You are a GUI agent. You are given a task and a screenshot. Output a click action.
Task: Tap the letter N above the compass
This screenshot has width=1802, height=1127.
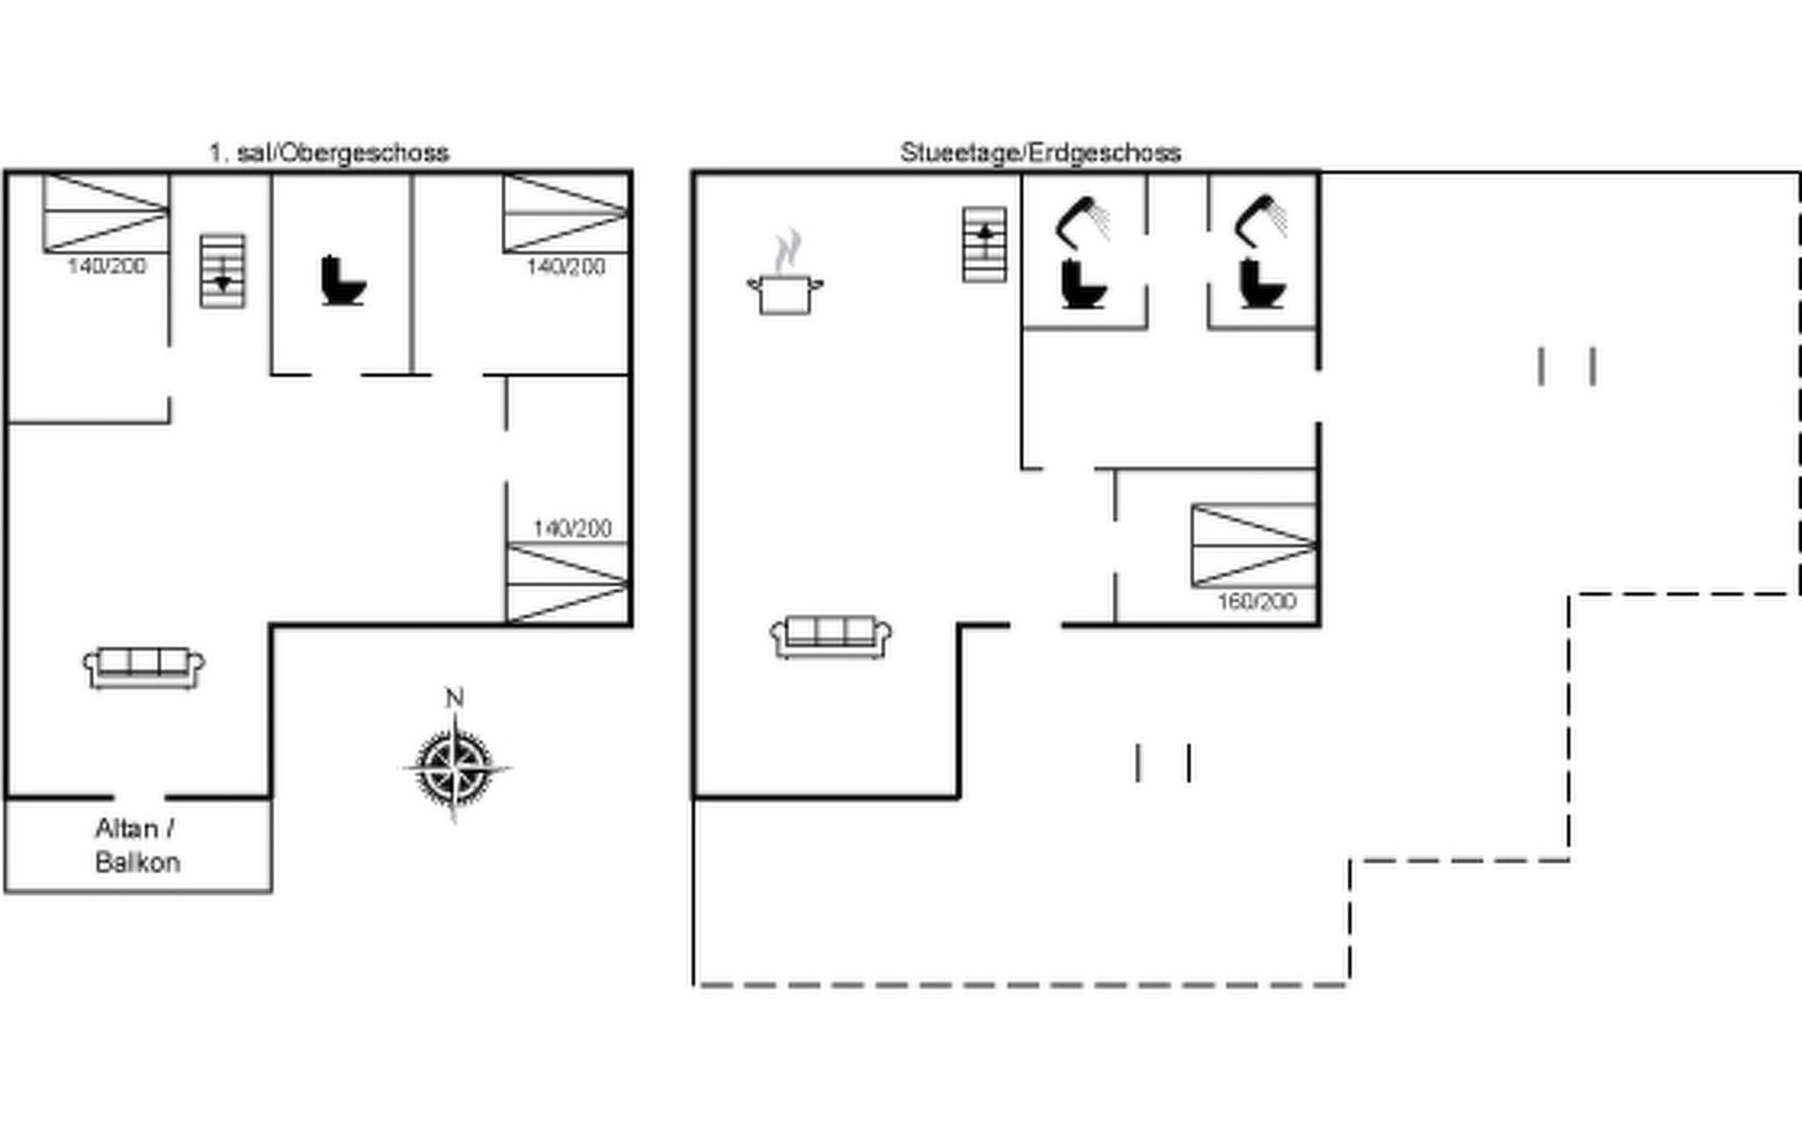pos(454,698)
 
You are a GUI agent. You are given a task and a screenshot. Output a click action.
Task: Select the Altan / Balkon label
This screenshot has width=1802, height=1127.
pos(137,845)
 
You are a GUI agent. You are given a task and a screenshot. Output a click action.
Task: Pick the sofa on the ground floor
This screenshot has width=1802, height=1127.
pos(831,637)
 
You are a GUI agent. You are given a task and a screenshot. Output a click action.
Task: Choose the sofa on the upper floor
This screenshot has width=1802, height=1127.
pos(144,668)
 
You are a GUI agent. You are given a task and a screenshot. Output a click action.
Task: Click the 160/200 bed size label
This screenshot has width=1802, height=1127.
pos(1257,601)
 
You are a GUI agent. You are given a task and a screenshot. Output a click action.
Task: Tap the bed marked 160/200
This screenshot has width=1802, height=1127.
pos(1254,546)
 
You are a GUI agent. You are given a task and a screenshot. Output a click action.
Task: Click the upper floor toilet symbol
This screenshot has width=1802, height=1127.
pos(343,280)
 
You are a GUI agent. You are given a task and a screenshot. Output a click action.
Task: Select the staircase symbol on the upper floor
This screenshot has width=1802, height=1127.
pos(222,271)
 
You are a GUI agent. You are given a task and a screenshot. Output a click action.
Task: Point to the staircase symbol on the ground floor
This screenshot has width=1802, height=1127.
pos(985,245)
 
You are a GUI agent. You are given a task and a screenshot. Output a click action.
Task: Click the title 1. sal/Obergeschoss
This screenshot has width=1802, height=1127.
pos(328,152)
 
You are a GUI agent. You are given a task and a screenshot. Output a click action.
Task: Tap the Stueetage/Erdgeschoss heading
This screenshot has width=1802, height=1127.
pos(1040,152)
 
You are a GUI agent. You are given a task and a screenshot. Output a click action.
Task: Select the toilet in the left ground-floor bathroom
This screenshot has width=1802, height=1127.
pos(1083,284)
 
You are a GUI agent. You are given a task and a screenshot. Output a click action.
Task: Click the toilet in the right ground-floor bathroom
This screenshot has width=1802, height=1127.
pos(1260,284)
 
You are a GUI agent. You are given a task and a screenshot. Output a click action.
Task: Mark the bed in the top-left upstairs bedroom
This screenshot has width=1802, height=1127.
pos(106,213)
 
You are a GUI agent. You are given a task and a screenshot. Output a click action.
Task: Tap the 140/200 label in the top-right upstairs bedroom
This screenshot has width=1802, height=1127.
pos(565,267)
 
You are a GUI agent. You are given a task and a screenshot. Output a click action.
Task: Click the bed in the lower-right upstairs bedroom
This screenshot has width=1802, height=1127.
pos(567,583)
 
